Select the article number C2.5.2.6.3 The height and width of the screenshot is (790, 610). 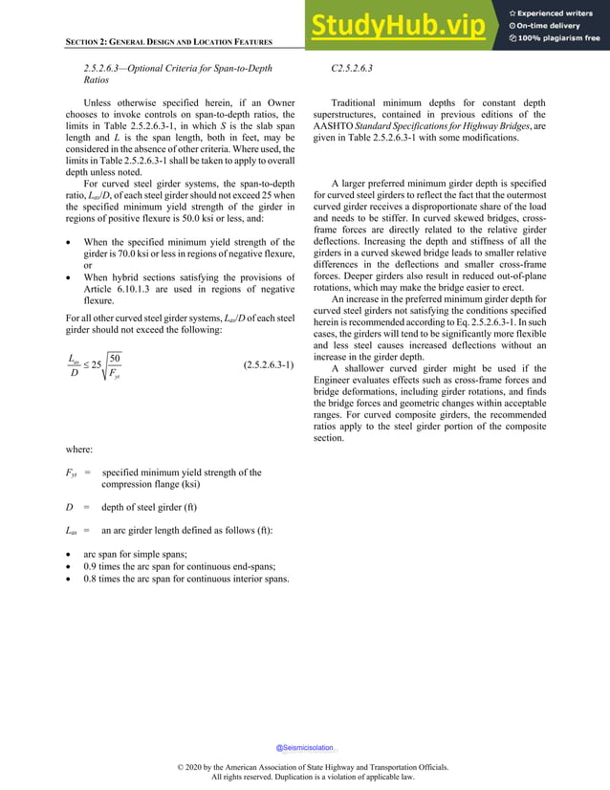click(x=351, y=69)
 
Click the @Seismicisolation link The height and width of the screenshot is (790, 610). click(x=305, y=747)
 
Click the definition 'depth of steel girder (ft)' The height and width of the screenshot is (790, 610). click(x=163, y=505)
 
